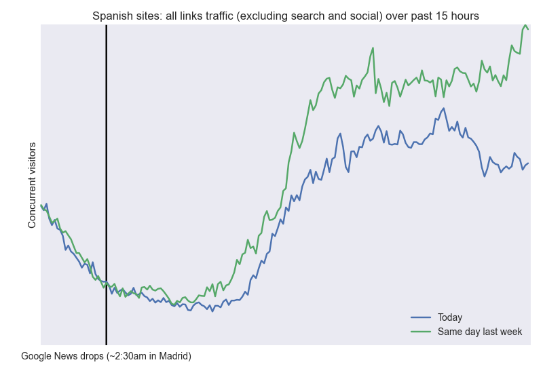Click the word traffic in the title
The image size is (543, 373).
(x=228, y=16)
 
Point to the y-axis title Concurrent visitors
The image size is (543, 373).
(x=32, y=184)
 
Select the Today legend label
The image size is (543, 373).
(x=450, y=317)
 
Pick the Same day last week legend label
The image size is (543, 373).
(x=480, y=331)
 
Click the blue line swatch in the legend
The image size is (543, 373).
(x=421, y=317)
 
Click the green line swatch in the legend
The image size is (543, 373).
(x=421, y=331)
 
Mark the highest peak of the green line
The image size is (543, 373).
(x=525, y=25)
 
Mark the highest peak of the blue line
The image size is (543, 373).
(x=443, y=108)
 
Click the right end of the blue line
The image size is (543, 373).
(x=528, y=163)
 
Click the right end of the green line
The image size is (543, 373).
(x=528, y=28)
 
